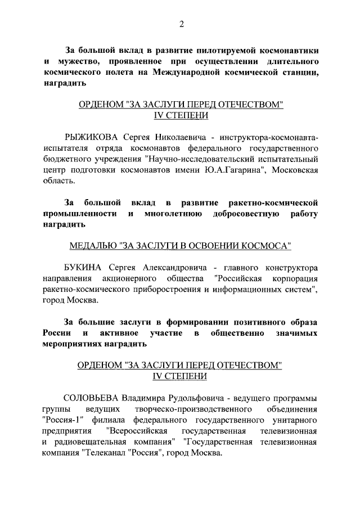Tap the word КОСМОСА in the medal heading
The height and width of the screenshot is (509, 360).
(271, 246)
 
